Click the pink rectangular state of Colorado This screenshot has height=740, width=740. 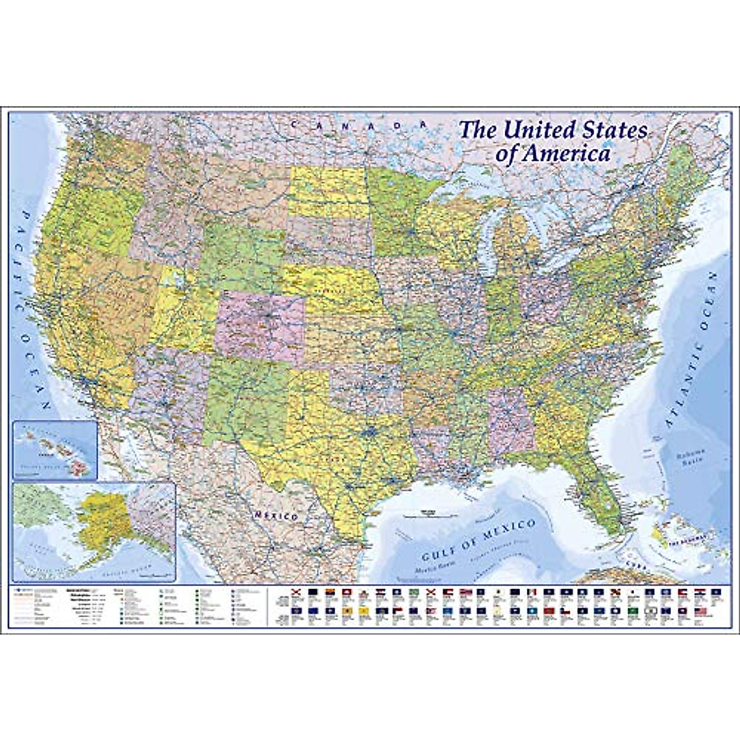pos(260,327)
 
